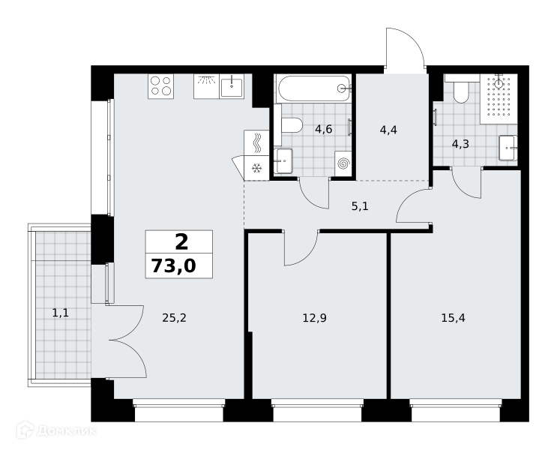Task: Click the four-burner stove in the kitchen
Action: pos(160,86)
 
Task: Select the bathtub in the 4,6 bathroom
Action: pos(314,88)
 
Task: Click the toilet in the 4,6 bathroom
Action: pos(292,125)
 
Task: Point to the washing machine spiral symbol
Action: pos(343,163)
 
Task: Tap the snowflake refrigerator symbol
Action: pos(256,168)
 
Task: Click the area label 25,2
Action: pos(174,318)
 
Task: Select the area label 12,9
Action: pos(314,318)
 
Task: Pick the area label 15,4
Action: pos(454,318)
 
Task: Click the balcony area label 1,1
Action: pos(61,313)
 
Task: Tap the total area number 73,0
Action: pos(174,265)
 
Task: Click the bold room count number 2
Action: pos(181,242)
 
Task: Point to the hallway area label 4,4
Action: pos(388,130)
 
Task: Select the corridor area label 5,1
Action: pos(360,206)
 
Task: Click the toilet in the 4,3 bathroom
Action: pos(461,91)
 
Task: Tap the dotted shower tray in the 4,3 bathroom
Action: pos(499,99)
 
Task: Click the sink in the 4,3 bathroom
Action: pos(508,148)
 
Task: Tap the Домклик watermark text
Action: pos(67,431)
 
